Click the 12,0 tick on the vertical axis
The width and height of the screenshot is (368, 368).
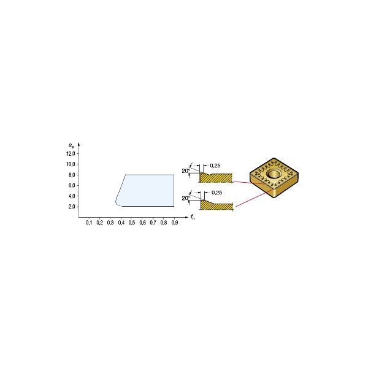[x=71, y=153]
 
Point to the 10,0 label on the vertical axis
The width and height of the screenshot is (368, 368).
[x=71, y=164]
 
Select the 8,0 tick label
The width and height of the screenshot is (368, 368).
[x=72, y=175]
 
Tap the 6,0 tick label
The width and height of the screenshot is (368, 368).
[x=72, y=185]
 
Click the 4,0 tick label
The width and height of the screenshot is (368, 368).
[x=72, y=196]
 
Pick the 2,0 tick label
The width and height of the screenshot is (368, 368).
[x=72, y=207]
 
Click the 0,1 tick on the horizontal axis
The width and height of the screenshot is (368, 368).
[x=89, y=222]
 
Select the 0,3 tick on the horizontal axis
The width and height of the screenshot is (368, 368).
[x=110, y=222]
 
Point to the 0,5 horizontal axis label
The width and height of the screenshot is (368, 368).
[x=132, y=222]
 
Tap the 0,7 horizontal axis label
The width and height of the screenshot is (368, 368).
[x=153, y=222]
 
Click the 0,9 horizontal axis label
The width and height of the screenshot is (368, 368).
[x=175, y=222]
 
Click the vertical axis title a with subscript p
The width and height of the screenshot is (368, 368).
[x=72, y=145]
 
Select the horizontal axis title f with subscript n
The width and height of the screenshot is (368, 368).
[x=193, y=217]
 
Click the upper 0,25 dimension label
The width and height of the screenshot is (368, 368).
[x=215, y=166]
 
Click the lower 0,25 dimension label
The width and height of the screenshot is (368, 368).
[x=215, y=193]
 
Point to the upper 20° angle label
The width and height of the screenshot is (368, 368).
[x=185, y=171]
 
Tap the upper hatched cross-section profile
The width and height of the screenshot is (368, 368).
[x=218, y=178]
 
